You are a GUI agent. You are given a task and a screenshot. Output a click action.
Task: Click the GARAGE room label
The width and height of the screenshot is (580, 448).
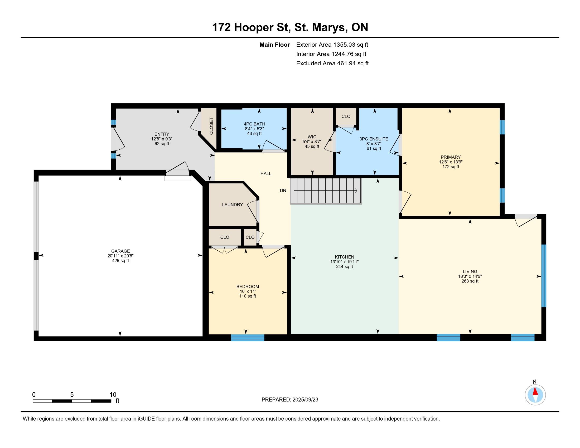point(120,251)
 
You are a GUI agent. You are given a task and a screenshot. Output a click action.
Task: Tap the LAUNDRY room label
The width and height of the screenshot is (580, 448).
point(232,204)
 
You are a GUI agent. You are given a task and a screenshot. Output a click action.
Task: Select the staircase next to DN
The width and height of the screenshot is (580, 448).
point(326,191)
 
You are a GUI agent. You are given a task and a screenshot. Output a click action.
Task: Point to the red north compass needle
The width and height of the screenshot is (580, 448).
point(535,391)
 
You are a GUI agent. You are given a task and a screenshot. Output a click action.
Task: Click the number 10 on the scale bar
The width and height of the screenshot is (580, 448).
point(113,395)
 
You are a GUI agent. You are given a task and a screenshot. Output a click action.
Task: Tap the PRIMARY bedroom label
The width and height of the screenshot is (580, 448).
point(451,157)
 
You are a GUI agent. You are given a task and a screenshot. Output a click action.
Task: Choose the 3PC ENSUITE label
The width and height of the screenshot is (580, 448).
point(374,139)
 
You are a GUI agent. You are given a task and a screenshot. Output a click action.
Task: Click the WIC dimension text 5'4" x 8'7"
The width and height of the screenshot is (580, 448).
point(312,142)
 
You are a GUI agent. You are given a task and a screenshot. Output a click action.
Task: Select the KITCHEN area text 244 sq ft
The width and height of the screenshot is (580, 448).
point(345,266)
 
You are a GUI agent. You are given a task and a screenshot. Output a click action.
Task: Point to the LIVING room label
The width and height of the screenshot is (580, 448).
point(470,271)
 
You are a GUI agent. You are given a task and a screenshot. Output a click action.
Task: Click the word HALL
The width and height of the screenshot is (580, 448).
point(266,174)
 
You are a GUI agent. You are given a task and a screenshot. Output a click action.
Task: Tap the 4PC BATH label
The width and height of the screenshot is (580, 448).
point(254,124)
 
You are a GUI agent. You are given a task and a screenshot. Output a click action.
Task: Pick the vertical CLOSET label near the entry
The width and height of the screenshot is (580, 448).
point(211,126)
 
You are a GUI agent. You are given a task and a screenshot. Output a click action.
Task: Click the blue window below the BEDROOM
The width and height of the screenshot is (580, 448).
point(248,338)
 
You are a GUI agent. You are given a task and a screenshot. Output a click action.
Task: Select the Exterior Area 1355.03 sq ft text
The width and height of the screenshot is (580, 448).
point(332,45)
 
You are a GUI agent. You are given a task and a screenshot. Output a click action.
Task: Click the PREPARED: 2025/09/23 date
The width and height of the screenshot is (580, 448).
point(290,400)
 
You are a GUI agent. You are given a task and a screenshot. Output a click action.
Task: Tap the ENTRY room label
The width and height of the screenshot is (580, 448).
point(162,134)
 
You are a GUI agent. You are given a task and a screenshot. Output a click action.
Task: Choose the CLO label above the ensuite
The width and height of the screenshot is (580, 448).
point(346,116)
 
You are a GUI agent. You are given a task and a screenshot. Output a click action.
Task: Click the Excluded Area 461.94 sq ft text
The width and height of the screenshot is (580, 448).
point(332,64)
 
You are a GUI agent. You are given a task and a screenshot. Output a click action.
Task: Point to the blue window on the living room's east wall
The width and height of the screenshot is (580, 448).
point(544,276)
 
